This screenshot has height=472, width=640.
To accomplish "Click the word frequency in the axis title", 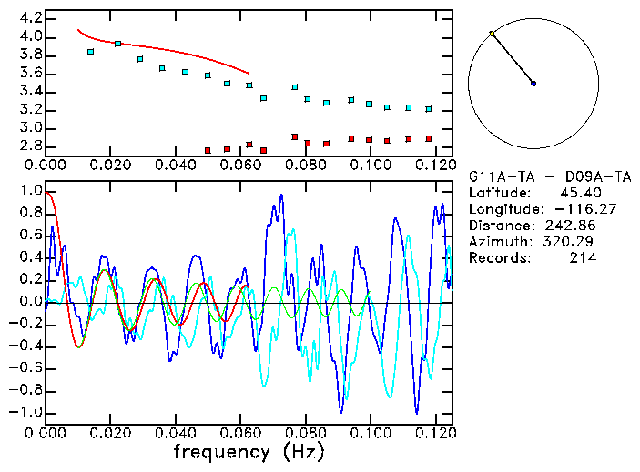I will [221, 451].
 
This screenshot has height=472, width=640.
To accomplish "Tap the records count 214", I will [583, 258].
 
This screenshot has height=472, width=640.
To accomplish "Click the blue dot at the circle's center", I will [533, 84].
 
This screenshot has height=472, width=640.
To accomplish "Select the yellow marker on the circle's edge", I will [492, 34].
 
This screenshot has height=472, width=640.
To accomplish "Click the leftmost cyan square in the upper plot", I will [90, 52].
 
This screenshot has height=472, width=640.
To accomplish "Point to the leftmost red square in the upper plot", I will [208, 150].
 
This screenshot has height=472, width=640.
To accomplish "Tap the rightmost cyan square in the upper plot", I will [428, 109].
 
